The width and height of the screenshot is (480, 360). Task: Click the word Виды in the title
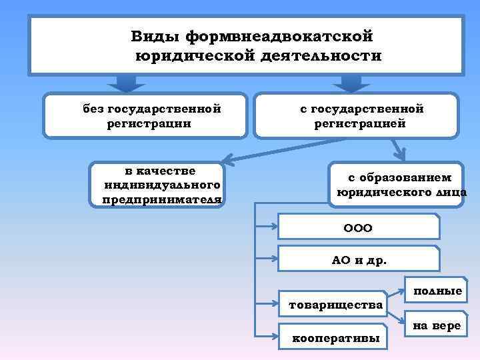(155, 34)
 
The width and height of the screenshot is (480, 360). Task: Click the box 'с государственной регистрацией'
(359, 115)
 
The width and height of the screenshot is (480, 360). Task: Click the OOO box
(358, 227)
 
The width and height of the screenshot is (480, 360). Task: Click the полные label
(437, 291)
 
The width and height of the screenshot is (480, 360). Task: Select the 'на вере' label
(437, 325)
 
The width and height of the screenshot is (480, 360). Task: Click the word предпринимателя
(162, 199)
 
